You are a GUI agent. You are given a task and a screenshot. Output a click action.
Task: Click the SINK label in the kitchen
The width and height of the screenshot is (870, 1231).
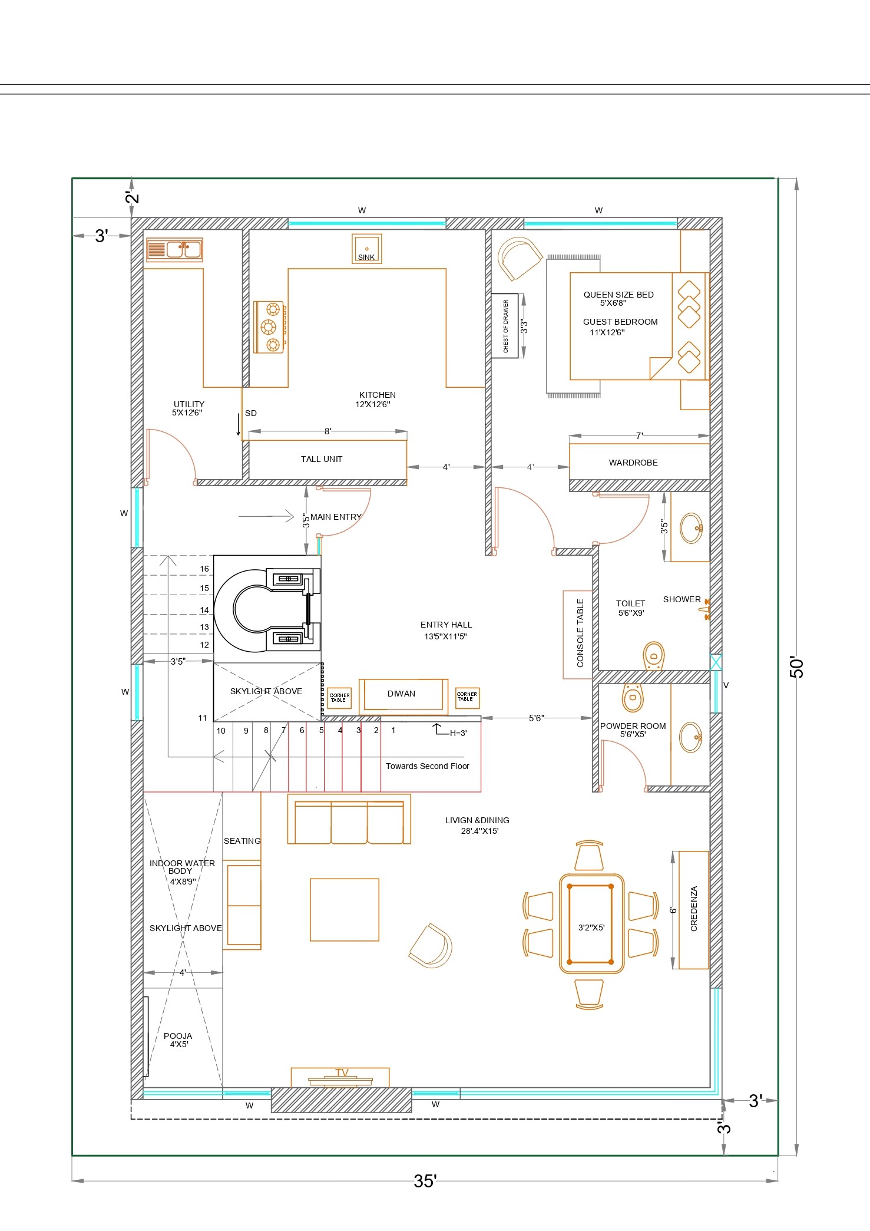[x=366, y=258]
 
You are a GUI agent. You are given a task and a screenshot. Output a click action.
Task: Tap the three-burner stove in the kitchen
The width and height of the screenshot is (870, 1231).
[x=270, y=327]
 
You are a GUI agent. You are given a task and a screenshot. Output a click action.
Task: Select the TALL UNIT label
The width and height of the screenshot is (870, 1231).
[x=322, y=459]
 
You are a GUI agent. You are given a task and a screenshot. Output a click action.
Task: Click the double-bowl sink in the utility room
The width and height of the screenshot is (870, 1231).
[x=174, y=249]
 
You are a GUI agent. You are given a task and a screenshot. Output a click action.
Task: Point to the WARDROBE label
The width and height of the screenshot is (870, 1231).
[x=633, y=463]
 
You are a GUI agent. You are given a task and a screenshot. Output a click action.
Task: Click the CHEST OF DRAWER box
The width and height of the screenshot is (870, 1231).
[x=505, y=326]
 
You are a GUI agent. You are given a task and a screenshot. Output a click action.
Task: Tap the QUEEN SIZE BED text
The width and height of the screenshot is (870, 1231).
[x=618, y=295]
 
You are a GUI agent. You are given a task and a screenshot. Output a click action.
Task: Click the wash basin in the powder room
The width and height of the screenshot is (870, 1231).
[x=691, y=737]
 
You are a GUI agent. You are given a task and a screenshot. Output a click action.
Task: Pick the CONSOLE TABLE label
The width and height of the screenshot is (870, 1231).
[x=580, y=633]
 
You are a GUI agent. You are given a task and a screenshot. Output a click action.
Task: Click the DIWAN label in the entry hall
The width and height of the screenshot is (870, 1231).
[x=401, y=694]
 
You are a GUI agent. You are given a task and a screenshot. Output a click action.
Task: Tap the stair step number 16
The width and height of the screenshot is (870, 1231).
[x=204, y=569]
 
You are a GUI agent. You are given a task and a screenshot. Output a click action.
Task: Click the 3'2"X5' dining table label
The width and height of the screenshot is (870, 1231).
[x=591, y=927]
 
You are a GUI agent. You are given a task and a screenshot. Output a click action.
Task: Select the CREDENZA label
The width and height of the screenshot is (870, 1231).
[x=694, y=909]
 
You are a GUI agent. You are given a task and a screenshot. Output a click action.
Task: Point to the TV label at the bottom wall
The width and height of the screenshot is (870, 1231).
[x=342, y=1072]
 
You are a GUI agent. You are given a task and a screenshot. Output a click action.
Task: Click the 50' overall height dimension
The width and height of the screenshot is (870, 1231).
[x=796, y=666]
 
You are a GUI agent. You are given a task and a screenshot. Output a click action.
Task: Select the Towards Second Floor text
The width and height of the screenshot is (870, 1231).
[x=428, y=766]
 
